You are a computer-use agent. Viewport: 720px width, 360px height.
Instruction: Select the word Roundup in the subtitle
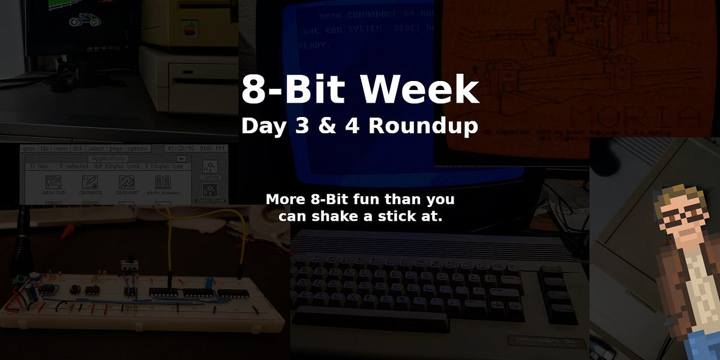pyautogui.click(x=423, y=126)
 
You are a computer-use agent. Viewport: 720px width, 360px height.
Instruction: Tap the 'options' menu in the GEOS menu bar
pyautogui.click(x=137, y=149)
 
